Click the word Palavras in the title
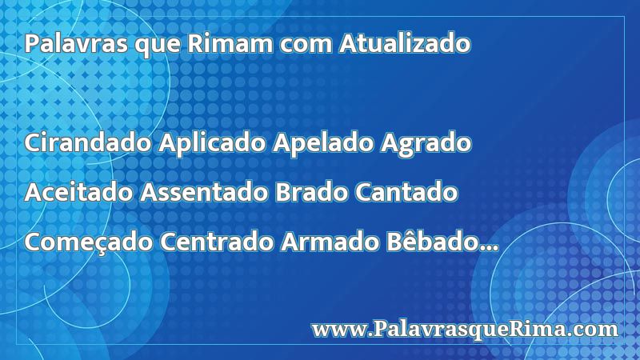pyautogui.click(x=76, y=43)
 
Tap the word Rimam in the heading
pyautogui.click(x=230, y=43)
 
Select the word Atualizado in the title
pyautogui.click(x=405, y=43)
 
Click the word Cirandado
pyautogui.click(x=88, y=143)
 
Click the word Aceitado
pyautogui.click(x=78, y=192)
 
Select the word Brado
pyautogui.click(x=311, y=192)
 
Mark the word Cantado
pyautogui.click(x=406, y=192)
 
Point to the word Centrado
pyautogui.click(x=216, y=242)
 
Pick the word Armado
pyautogui.click(x=330, y=242)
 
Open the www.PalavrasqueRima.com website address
pyautogui.click(x=465, y=330)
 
